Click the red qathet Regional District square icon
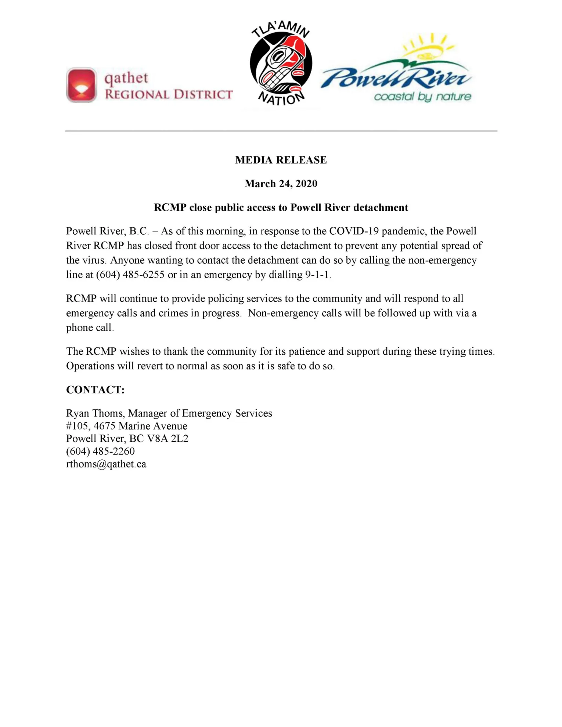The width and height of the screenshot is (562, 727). click(x=82, y=85)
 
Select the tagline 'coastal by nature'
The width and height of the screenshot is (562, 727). click(x=422, y=97)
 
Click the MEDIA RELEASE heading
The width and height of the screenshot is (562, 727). click(x=281, y=160)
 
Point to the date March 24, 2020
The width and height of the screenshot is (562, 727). click(x=281, y=184)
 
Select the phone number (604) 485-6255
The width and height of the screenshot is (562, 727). click(x=130, y=275)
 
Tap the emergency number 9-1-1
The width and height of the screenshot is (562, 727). click(x=318, y=275)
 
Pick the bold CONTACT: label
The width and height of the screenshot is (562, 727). click(x=96, y=390)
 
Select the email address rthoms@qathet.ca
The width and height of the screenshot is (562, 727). click(x=106, y=464)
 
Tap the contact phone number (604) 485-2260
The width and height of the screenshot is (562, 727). click(x=100, y=451)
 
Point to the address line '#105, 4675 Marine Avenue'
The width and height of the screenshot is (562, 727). click(x=127, y=426)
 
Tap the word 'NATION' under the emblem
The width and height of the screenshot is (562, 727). click(x=281, y=98)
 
